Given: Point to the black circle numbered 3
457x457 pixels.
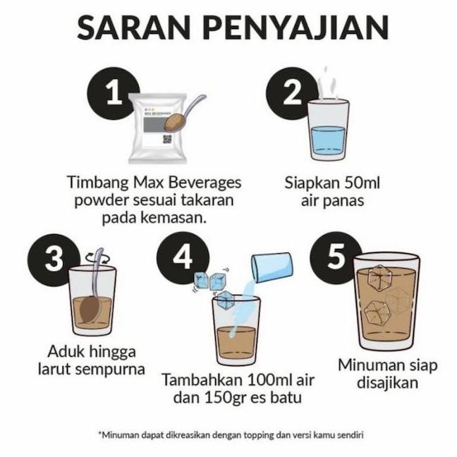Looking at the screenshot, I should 54,260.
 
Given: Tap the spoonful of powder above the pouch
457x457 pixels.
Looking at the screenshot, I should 174,121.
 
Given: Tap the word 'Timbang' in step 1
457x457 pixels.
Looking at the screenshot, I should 97,183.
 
